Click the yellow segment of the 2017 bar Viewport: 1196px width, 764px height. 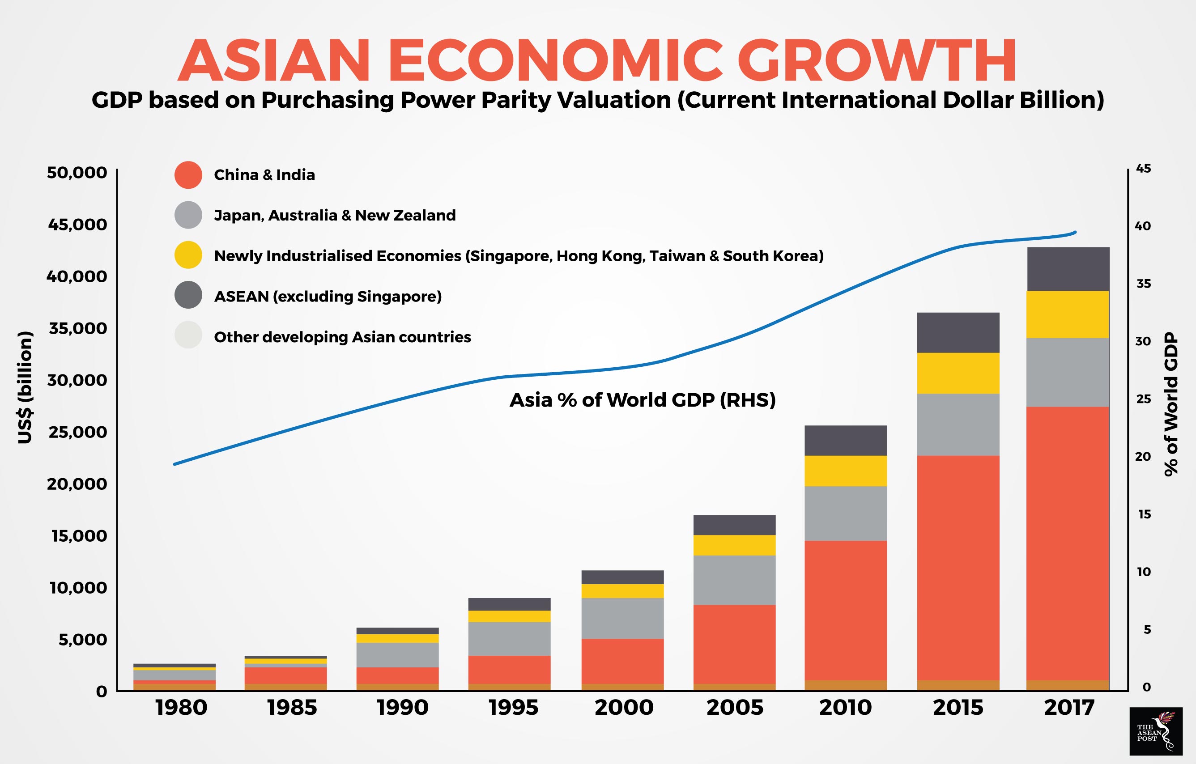pos(1068,314)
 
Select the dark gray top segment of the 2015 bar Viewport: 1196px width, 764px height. pos(958,333)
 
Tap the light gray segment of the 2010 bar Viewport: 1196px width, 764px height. pos(845,514)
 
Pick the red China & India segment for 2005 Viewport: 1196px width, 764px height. pos(734,644)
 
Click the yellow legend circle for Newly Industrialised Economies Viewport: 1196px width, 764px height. pos(188,255)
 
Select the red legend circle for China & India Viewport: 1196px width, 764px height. pos(188,175)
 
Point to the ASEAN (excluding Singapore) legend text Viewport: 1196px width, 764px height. pos(328,297)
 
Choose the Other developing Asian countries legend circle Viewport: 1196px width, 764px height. pos(188,335)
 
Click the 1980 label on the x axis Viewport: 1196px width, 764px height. pos(181,707)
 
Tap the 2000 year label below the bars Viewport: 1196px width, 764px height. pos(624,707)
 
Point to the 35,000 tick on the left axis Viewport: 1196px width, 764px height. pos(77,328)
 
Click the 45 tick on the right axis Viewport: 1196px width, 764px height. pos(1143,169)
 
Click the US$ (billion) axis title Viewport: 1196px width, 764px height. pos(25,387)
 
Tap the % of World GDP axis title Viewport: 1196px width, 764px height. pos(1170,404)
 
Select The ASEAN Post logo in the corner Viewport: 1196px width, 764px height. pos(1156,731)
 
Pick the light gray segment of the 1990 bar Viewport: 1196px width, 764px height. pos(397,655)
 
